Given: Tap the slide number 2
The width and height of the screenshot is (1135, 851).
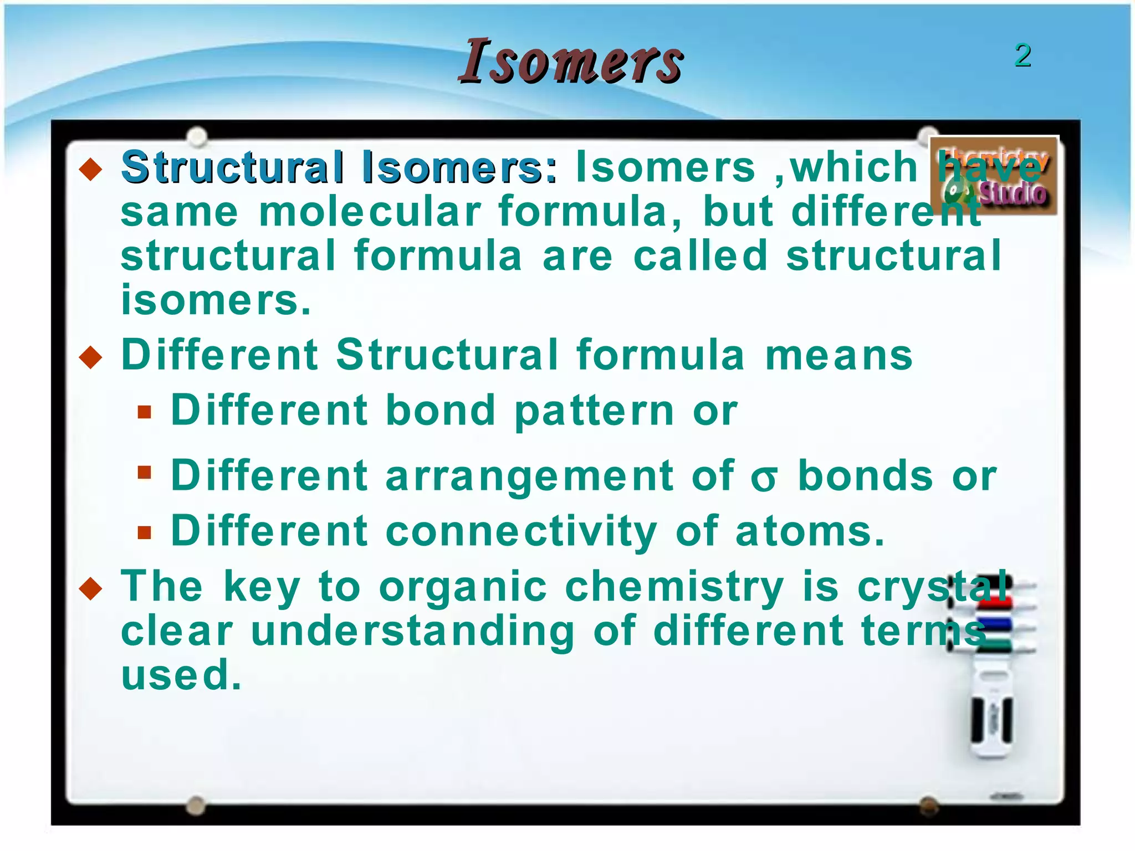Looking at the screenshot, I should pyautogui.click(x=1022, y=55).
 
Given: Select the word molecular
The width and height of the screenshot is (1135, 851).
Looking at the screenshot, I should pyautogui.click(x=370, y=212).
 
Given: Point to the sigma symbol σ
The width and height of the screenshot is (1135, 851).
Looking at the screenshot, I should pyautogui.click(x=764, y=479).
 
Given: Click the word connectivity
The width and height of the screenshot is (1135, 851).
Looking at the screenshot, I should pyautogui.click(x=521, y=531).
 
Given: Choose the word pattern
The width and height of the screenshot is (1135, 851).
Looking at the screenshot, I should pyautogui.click(x=594, y=411).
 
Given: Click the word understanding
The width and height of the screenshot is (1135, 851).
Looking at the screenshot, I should pyautogui.click(x=413, y=631).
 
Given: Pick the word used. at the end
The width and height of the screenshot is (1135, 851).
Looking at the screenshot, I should pyautogui.click(x=181, y=675).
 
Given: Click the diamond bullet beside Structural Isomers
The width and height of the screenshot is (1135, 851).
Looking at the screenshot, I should pyautogui.click(x=91, y=169).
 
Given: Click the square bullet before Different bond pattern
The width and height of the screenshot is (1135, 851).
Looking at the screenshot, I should pyautogui.click(x=145, y=412).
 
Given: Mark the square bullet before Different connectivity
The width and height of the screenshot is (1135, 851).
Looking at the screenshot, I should pyautogui.click(x=145, y=532).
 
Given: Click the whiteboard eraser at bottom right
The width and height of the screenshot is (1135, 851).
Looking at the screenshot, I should pyautogui.click(x=992, y=720).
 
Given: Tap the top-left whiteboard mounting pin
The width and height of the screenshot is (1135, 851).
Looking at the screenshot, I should pyautogui.click(x=197, y=136).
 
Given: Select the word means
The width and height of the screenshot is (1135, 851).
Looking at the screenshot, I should pyautogui.click(x=839, y=356).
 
